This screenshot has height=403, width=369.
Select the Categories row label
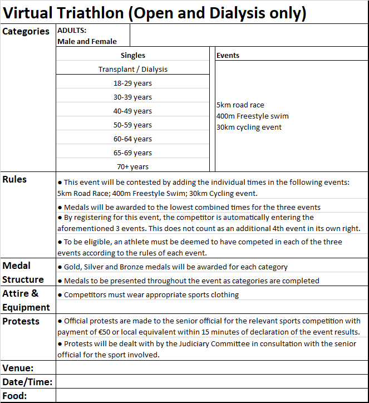(26, 31)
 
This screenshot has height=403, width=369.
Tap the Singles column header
(133, 55)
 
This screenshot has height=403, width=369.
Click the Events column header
(228, 55)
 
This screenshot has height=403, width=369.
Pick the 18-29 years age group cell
(133, 83)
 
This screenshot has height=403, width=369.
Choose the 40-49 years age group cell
(133, 111)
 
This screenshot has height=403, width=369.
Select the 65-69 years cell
(133, 153)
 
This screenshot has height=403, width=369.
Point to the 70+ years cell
(133, 166)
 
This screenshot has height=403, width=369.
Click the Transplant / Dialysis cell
(133, 69)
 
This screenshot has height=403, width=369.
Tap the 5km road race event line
(240, 105)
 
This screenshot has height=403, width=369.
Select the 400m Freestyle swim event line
(253, 116)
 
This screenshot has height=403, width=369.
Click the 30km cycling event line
(249, 127)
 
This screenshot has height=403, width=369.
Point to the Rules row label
(14, 179)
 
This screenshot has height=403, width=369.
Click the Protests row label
(21, 321)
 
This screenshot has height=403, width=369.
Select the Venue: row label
(18, 368)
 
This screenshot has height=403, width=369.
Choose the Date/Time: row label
(27, 382)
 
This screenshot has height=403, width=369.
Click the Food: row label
(15, 396)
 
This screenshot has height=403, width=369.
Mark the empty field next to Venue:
(211, 368)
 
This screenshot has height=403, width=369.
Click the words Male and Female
(87, 41)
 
